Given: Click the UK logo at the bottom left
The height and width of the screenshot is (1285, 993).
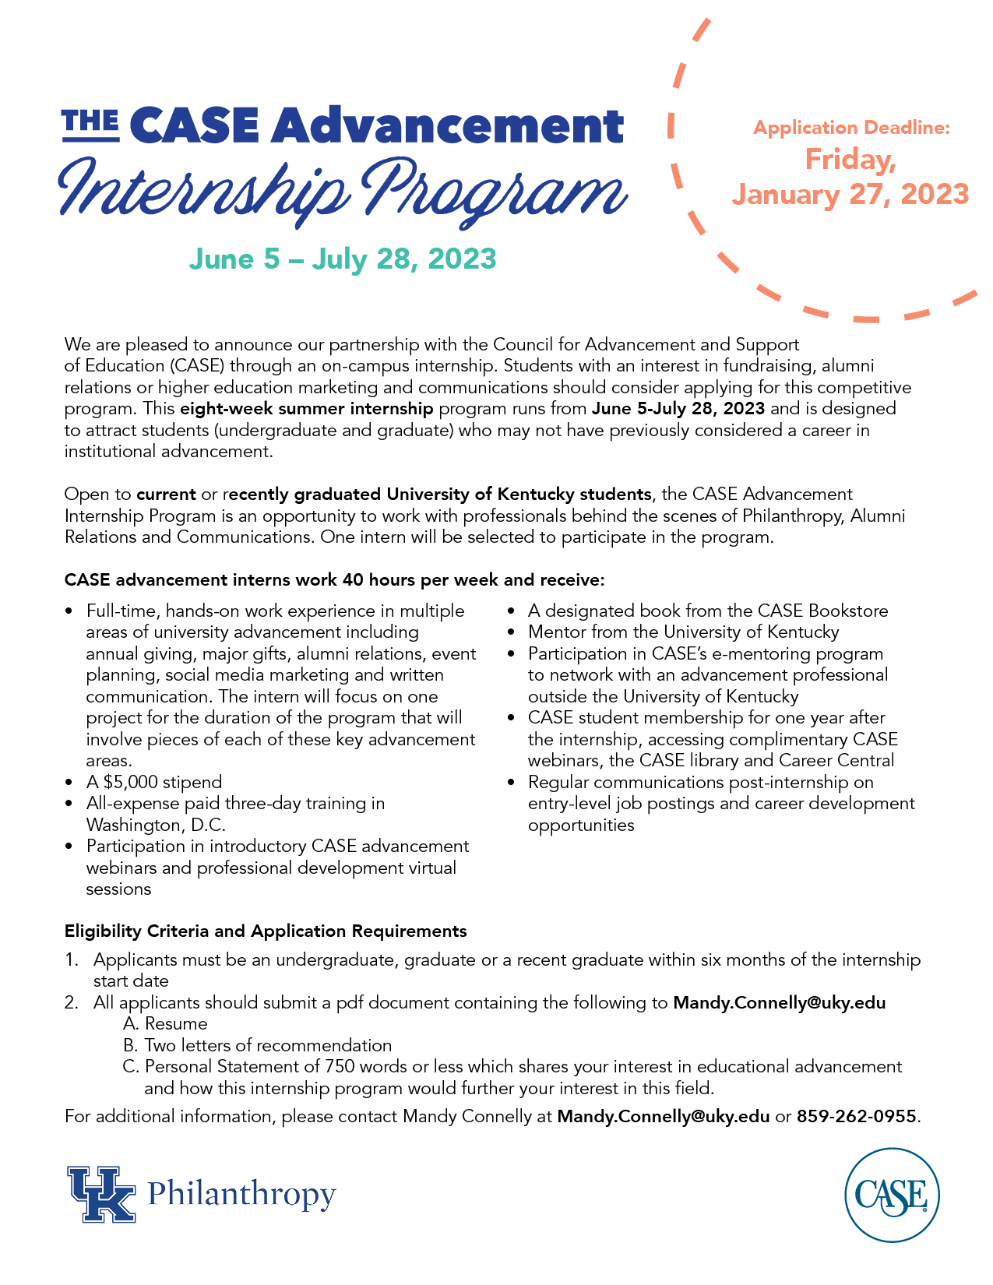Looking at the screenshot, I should coord(101,1194).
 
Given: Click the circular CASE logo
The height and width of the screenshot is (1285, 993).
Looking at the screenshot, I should coord(892,1195).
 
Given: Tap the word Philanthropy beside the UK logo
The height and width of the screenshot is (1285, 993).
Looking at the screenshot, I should coord(241,1193).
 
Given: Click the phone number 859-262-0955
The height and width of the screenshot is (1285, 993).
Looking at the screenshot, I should coord(856,1116).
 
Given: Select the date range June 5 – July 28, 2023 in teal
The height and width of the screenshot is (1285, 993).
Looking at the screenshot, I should coord(343,259).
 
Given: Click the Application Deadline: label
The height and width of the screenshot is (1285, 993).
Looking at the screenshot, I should coord(851,128).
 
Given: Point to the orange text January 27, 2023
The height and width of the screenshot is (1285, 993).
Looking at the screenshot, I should coord(850,195).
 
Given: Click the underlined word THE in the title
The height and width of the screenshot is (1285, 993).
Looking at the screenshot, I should coord(90,123).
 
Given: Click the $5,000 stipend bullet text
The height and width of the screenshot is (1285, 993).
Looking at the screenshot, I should coord(154,782).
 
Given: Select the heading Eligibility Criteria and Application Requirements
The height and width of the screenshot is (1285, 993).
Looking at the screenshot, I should coord(266,931).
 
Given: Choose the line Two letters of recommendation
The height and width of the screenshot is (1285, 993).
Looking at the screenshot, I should coord(267,1045).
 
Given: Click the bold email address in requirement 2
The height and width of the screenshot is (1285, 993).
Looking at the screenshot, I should coord(779,1002).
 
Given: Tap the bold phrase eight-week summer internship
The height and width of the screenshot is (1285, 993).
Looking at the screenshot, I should coord(306,408).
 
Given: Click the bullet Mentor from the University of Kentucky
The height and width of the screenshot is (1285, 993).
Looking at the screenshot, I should coord(683,632).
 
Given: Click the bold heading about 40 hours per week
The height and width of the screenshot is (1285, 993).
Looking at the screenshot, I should coord(334,579).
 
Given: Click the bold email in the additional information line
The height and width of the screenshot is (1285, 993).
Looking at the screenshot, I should coord(663,1116).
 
